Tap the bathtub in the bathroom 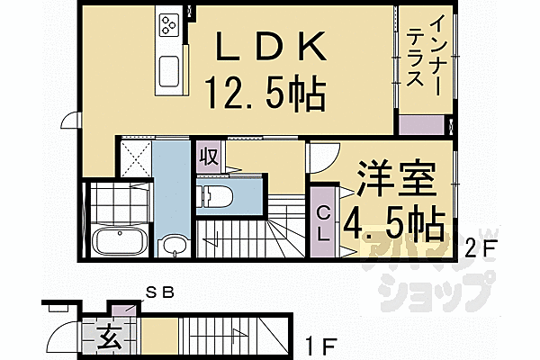click(x=116, y=242)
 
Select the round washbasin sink click(x=173, y=244)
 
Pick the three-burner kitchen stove click(x=169, y=26)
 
